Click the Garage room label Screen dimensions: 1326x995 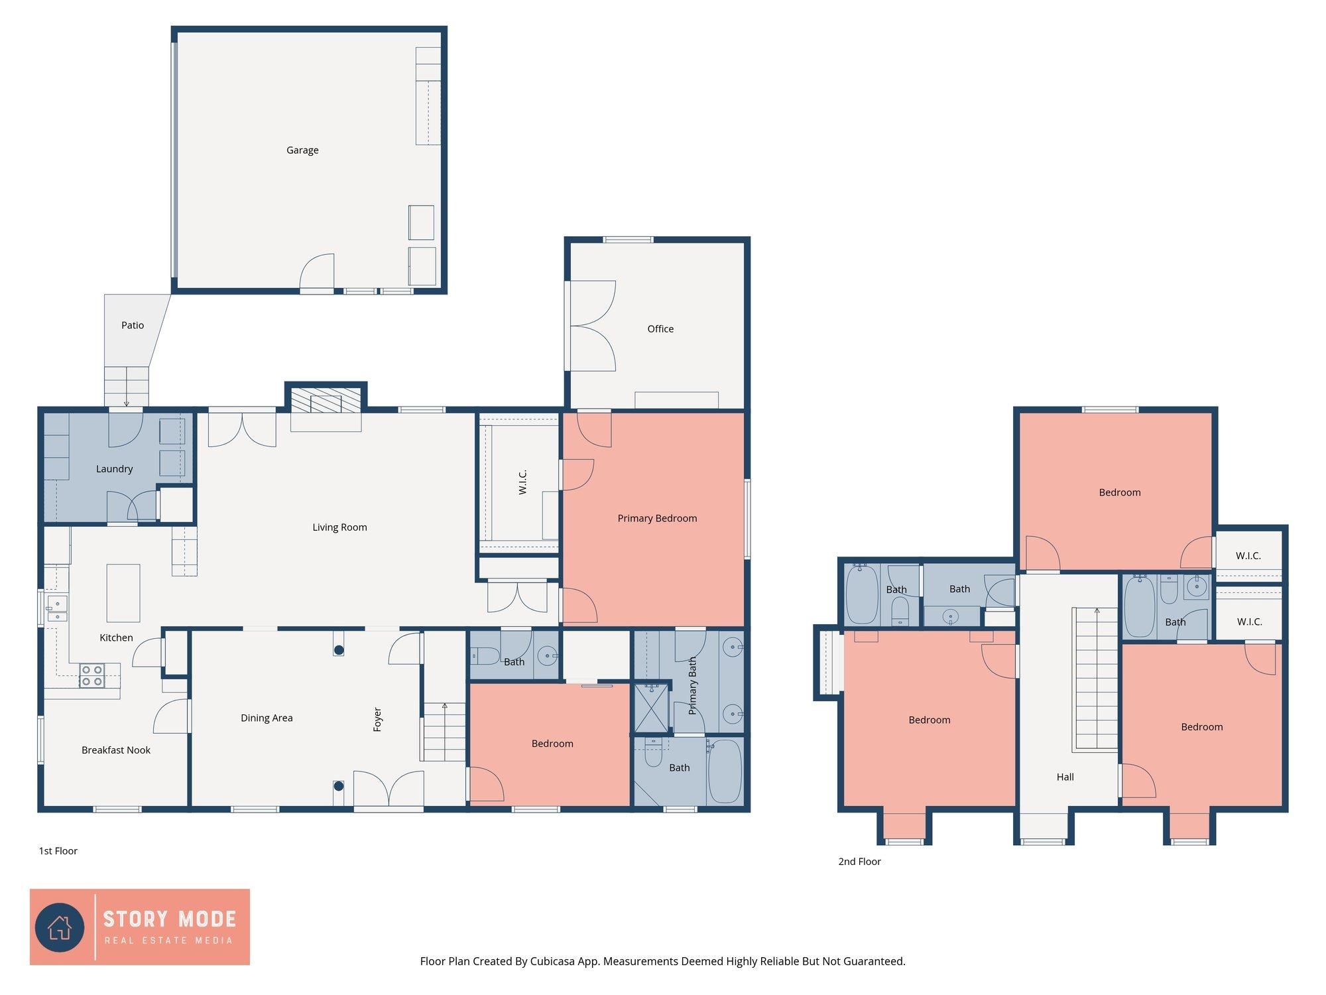click(x=302, y=151)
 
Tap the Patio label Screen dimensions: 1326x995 click(x=133, y=325)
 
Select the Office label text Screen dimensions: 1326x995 click(x=660, y=329)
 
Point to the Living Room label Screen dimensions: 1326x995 click(x=339, y=527)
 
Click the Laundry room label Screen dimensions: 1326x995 click(x=115, y=469)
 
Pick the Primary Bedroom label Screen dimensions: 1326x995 click(x=657, y=518)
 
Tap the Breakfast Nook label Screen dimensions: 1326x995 click(x=116, y=750)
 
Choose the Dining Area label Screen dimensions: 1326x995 click(x=267, y=718)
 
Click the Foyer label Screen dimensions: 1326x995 click(x=377, y=720)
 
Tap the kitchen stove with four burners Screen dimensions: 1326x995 click(x=91, y=675)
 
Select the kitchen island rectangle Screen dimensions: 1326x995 click(x=123, y=593)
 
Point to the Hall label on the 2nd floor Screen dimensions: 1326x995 click(x=1065, y=777)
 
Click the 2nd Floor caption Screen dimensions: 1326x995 click(x=860, y=862)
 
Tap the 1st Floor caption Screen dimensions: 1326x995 click(x=58, y=851)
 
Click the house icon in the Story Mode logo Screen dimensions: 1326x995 click(x=60, y=927)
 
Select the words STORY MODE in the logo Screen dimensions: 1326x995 click(x=170, y=919)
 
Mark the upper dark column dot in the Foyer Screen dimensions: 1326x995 click(x=339, y=650)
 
